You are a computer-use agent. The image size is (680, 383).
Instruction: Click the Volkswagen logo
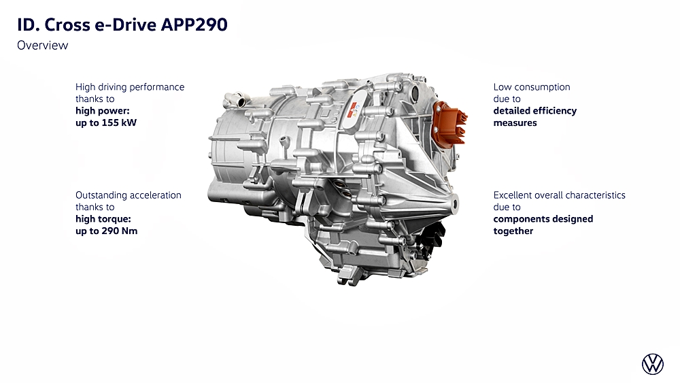[x=653, y=364]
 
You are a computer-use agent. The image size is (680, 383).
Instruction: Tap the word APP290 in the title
[x=194, y=24]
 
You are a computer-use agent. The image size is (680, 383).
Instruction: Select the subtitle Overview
[x=42, y=46]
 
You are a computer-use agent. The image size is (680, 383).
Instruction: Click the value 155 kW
[x=119, y=122]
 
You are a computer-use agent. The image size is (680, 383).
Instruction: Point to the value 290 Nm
[x=119, y=231]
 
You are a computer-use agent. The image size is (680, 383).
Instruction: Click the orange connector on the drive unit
[x=451, y=122]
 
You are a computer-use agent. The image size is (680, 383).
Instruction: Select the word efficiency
[x=555, y=111]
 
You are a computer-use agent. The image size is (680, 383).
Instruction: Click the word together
[x=513, y=231]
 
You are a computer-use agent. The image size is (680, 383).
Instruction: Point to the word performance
[x=157, y=87]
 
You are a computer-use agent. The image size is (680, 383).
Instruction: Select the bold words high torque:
[x=103, y=219]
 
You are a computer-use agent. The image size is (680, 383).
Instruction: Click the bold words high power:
[x=103, y=111]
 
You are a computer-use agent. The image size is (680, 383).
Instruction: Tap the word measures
[x=515, y=122]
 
